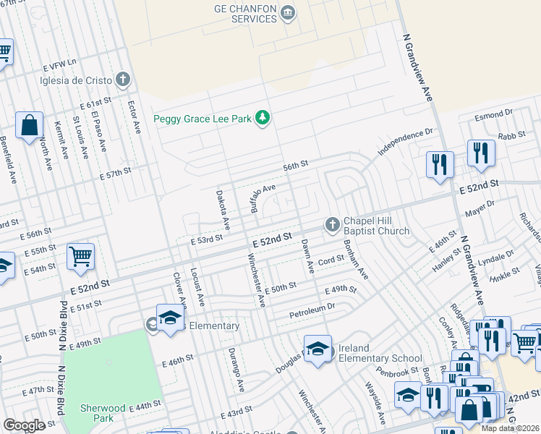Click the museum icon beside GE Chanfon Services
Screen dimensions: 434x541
tap(288, 12)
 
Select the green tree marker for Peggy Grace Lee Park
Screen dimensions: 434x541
tap(263, 118)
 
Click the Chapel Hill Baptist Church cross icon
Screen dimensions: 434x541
tap(333, 224)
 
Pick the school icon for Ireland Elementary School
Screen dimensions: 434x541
tap(318, 348)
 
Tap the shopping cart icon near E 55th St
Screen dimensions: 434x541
tap(80, 255)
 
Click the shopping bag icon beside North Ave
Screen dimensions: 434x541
tap(30, 126)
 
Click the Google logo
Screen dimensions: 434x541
tap(24, 425)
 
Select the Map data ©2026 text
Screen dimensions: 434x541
tap(510, 428)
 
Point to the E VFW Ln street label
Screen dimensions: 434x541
tap(60, 63)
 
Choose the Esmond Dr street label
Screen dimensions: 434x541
tap(493, 115)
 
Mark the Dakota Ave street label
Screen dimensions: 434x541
tap(223, 210)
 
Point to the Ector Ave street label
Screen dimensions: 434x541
tap(134, 116)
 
